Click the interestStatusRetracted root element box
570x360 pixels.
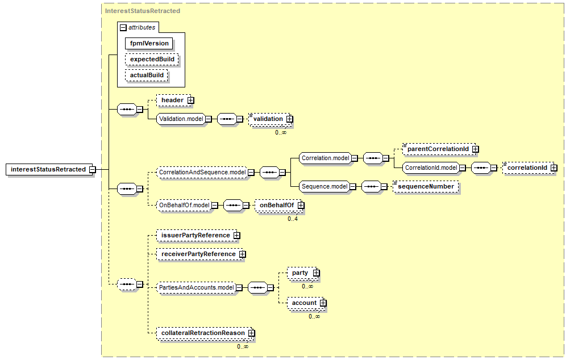point(49,169)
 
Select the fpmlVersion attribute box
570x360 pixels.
point(149,43)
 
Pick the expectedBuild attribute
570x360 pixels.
point(152,59)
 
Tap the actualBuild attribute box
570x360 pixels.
point(147,75)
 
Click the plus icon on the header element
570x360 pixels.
point(191,101)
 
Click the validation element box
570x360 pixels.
point(270,119)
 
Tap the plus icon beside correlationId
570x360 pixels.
point(554,168)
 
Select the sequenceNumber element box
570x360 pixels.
point(426,187)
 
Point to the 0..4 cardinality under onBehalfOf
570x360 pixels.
point(293,219)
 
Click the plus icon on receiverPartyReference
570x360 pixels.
point(243,254)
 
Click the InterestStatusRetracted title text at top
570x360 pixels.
point(143,11)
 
